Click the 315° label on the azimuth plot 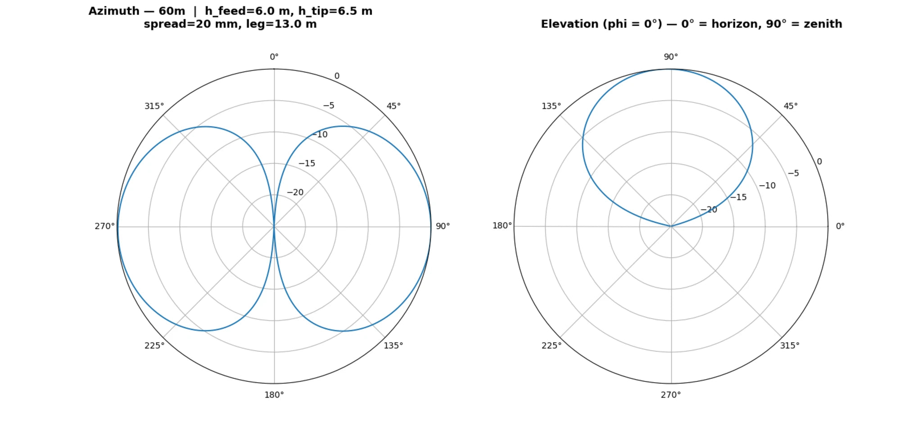pyautogui.click(x=154, y=106)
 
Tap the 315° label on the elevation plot pyautogui.click(x=790, y=345)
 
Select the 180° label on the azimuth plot pyautogui.click(x=274, y=395)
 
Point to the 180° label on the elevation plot pyautogui.click(x=502, y=225)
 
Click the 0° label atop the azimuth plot pyautogui.click(x=274, y=57)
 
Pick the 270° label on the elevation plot pyautogui.click(x=671, y=395)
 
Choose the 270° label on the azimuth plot pyautogui.click(x=104, y=226)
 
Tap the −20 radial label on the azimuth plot pyautogui.click(x=295, y=193)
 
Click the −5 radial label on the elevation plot pyautogui.click(x=793, y=173)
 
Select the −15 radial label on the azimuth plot pyautogui.click(x=307, y=164)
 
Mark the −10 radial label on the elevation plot pyautogui.click(x=767, y=186)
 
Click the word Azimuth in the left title pyautogui.click(x=114, y=11)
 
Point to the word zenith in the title pyautogui.click(x=823, y=24)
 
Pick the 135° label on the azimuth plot pyautogui.click(x=393, y=345)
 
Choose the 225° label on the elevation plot pyautogui.click(x=551, y=345)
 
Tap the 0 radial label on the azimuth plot pyautogui.click(x=337, y=76)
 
